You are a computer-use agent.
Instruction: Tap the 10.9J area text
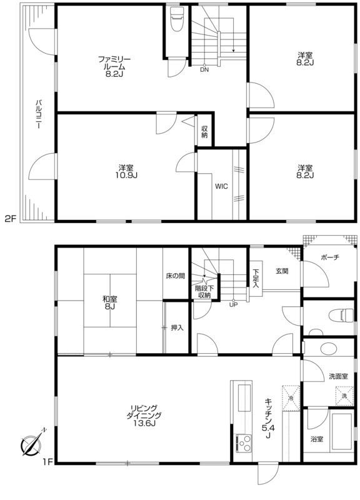click(x=126, y=175)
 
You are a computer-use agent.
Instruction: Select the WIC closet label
click(x=221, y=186)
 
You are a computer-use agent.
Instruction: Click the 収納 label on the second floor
click(x=204, y=132)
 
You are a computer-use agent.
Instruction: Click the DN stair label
click(x=204, y=69)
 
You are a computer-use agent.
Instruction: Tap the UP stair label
click(x=233, y=304)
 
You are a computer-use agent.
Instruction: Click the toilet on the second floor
click(x=176, y=19)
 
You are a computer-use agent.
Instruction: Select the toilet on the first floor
click(x=341, y=316)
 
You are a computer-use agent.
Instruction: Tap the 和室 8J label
click(x=110, y=302)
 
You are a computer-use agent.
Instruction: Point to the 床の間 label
click(x=175, y=276)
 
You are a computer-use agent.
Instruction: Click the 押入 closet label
click(x=177, y=327)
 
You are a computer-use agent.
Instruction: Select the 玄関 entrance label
click(x=282, y=271)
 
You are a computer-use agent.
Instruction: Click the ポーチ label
click(x=330, y=257)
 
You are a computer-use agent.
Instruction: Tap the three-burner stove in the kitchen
click(x=244, y=443)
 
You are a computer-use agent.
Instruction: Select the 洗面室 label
click(x=338, y=377)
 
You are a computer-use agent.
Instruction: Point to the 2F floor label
click(x=10, y=219)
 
